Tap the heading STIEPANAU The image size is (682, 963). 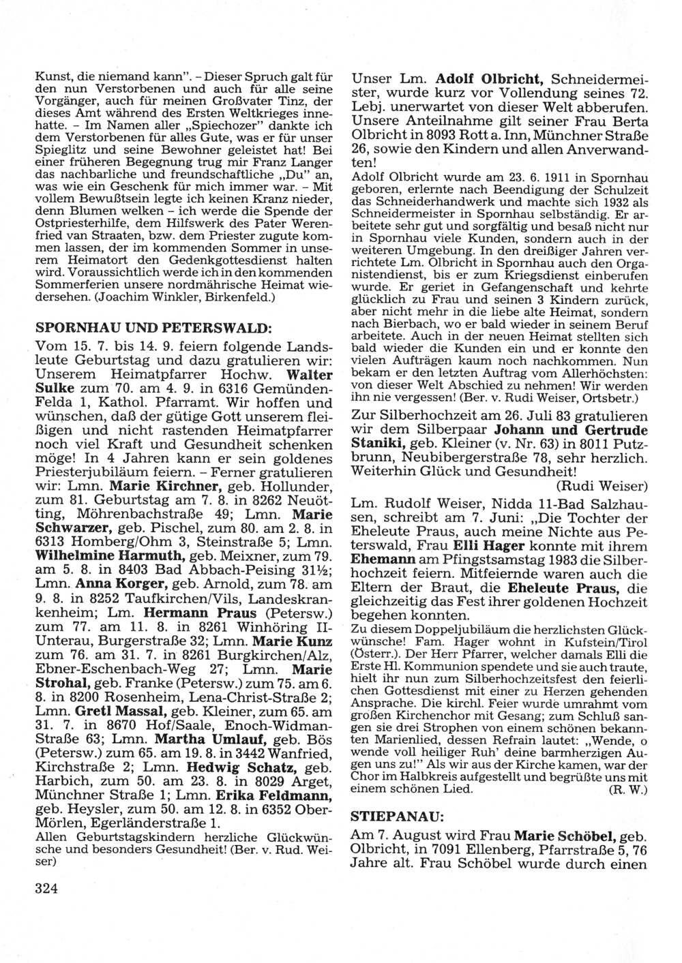[x=387, y=815]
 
